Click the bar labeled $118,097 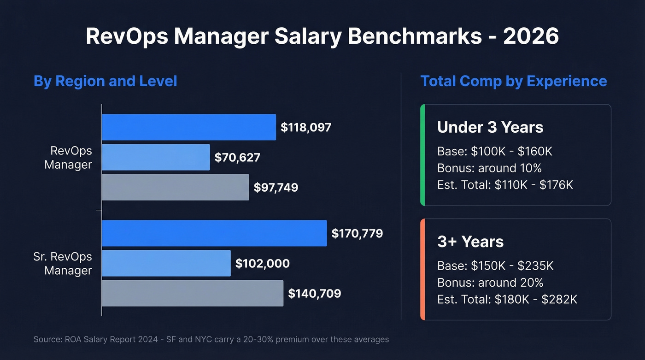188,127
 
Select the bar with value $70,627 156,158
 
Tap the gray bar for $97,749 175,187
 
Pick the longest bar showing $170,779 214,233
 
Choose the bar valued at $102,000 166,263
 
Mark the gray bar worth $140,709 192,293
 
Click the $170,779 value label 357,234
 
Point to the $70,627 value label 237,158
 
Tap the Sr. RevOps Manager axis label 63,263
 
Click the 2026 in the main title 531,36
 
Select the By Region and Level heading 105,82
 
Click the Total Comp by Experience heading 513,82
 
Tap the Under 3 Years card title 490,127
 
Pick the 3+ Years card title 470,242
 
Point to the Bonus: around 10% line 489,168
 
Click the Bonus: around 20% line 490,283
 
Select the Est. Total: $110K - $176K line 505,185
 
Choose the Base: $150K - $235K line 495,266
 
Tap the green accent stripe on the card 422,155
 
